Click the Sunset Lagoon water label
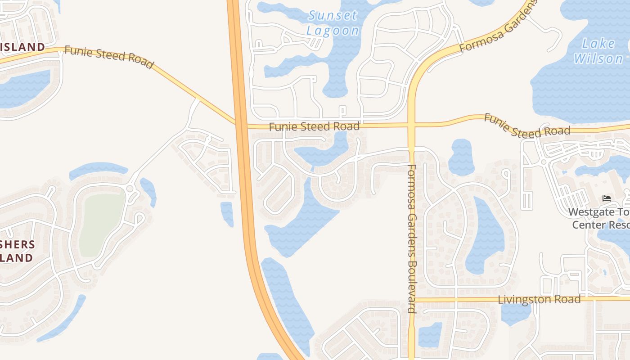333,23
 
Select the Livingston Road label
539,300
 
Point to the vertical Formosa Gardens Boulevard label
412,238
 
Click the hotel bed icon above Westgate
607,198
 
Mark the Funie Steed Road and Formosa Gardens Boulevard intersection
411,124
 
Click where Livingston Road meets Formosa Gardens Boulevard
411,299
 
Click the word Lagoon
333,31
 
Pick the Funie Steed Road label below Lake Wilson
526,126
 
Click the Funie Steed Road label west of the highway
108,57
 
